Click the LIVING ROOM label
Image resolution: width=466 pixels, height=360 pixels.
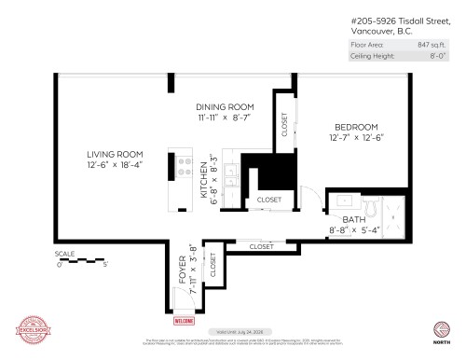pyautogui.click(x=115, y=154)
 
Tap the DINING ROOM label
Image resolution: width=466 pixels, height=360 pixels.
pyautogui.click(x=225, y=106)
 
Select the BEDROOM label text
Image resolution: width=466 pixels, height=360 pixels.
pyautogui.click(x=357, y=127)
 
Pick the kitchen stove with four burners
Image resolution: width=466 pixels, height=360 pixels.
pyautogui.click(x=174, y=166)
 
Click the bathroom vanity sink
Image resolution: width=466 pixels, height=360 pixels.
pyautogui.click(x=344, y=200)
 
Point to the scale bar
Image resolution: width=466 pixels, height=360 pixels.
pyautogui.click(x=82, y=260)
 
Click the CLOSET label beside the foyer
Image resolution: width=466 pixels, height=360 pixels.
pyautogui.click(x=212, y=266)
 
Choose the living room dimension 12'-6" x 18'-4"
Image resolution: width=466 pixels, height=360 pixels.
pyautogui.click(x=115, y=166)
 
